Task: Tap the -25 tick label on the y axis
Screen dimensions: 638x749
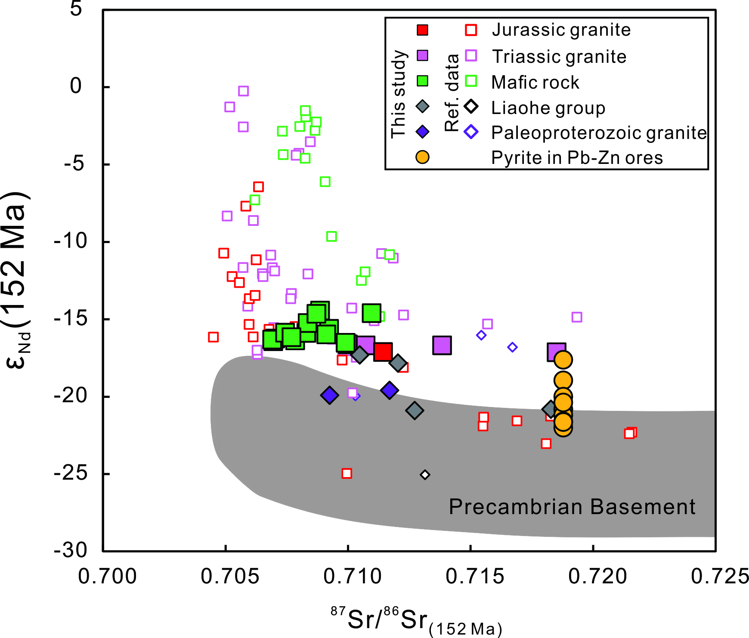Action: pos(71,474)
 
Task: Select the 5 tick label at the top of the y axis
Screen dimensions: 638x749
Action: pos(76,8)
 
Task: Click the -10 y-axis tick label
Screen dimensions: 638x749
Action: pos(71,241)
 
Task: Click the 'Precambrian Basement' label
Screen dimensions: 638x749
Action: pos(572,507)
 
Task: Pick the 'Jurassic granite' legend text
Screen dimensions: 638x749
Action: pos(561,30)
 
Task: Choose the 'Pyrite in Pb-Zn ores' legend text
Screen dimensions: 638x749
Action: pos(577,158)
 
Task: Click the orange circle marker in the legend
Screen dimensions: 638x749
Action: pos(423,157)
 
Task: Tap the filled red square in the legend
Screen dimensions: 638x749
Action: pos(423,30)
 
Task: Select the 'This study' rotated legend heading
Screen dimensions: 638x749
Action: pos(399,94)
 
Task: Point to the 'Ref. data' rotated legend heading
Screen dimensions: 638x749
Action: pos(452,92)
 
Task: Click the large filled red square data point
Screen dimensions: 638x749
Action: pos(383,351)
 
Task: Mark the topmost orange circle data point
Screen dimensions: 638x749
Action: pos(563,360)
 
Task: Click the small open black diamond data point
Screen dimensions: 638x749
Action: pos(425,475)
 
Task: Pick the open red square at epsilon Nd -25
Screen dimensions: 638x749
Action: pos(347,474)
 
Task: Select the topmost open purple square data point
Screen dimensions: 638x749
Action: pos(243,91)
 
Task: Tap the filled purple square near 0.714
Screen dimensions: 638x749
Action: pos(442,345)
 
